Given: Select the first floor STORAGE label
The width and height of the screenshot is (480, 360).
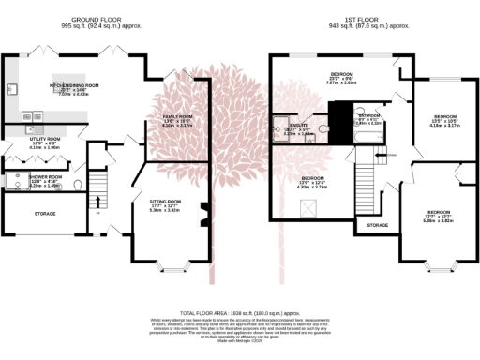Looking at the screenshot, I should pos(377,225).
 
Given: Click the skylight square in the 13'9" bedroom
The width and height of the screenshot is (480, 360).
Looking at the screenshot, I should pos(307,209).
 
